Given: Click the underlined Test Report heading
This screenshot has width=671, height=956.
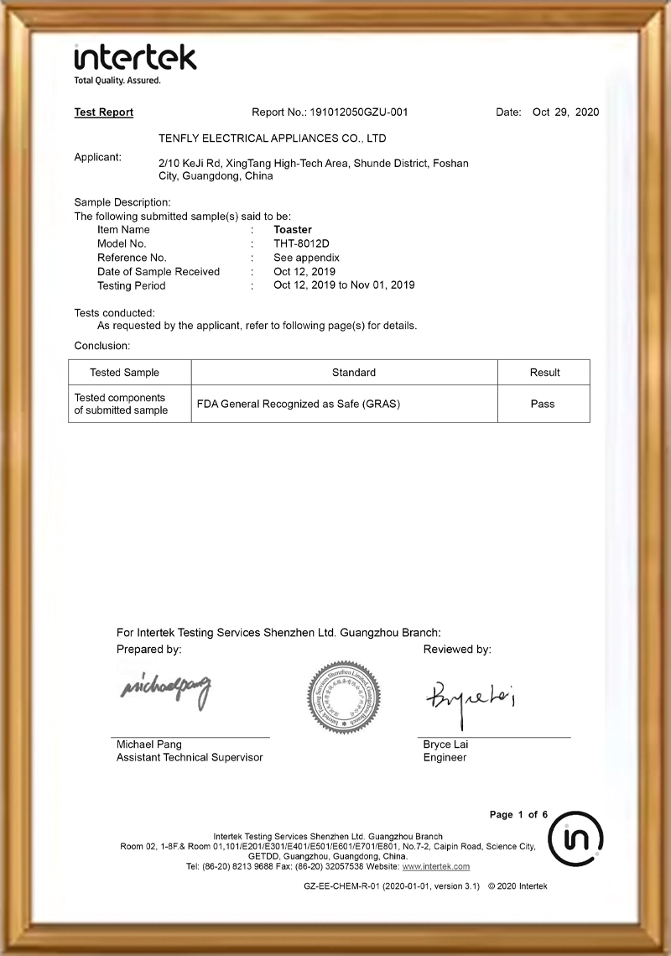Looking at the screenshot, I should tap(104, 112).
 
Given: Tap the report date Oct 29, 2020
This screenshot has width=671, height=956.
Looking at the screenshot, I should tap(565, 112).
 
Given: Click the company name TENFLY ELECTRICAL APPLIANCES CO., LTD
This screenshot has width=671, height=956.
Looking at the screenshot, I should tap(272, 138).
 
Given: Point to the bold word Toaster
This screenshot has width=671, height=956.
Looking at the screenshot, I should tap(293, 229).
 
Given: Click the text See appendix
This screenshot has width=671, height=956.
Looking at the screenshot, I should tap(306, 258).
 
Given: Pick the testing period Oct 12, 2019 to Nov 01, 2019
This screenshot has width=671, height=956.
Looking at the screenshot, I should tap(344, 285).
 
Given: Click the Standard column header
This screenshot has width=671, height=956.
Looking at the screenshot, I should tap(353, 373).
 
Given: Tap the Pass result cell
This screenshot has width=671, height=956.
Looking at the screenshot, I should tap(543, 404).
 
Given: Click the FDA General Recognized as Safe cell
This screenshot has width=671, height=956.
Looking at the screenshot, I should tap(298, 404).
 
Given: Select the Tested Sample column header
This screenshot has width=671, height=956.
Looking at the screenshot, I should tap(124, 373).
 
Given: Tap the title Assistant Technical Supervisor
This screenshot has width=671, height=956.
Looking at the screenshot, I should tap(190, 758).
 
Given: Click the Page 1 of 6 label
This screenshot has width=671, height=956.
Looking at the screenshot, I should tap(518, 815).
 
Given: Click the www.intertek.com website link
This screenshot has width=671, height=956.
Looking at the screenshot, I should tap(436, 866).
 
